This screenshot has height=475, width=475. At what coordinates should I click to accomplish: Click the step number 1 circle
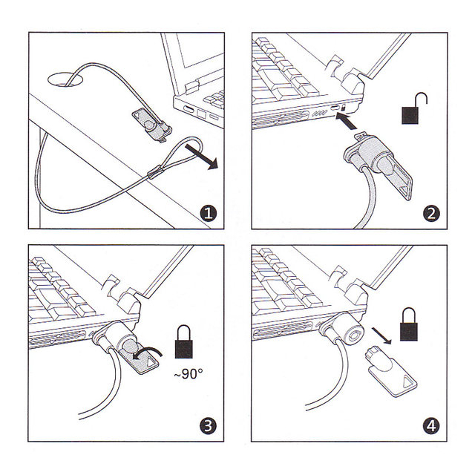pos(209,213)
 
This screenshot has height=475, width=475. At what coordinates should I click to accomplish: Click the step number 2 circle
pos(431,213)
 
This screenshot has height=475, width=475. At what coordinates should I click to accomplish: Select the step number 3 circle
pos(208,425)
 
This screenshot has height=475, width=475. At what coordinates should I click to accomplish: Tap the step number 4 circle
pos(431,425)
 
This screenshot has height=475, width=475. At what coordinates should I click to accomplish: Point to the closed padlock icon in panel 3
pos(184,342)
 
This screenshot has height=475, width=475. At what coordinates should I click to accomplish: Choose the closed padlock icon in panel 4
pos(409,325)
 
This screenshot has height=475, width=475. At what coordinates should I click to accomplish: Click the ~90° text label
pos(188,373)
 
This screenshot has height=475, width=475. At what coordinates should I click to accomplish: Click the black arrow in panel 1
pos(202,157)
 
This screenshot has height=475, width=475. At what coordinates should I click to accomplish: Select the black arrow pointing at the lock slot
pos(347,121)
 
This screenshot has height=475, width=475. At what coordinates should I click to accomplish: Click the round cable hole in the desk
pos(65,79)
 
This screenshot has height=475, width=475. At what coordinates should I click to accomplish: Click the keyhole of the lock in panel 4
pos(354,335)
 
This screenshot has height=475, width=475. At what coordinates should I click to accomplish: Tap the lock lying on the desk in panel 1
pos(153,124)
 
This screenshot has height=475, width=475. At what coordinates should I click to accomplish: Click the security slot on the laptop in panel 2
pos(335,108)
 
